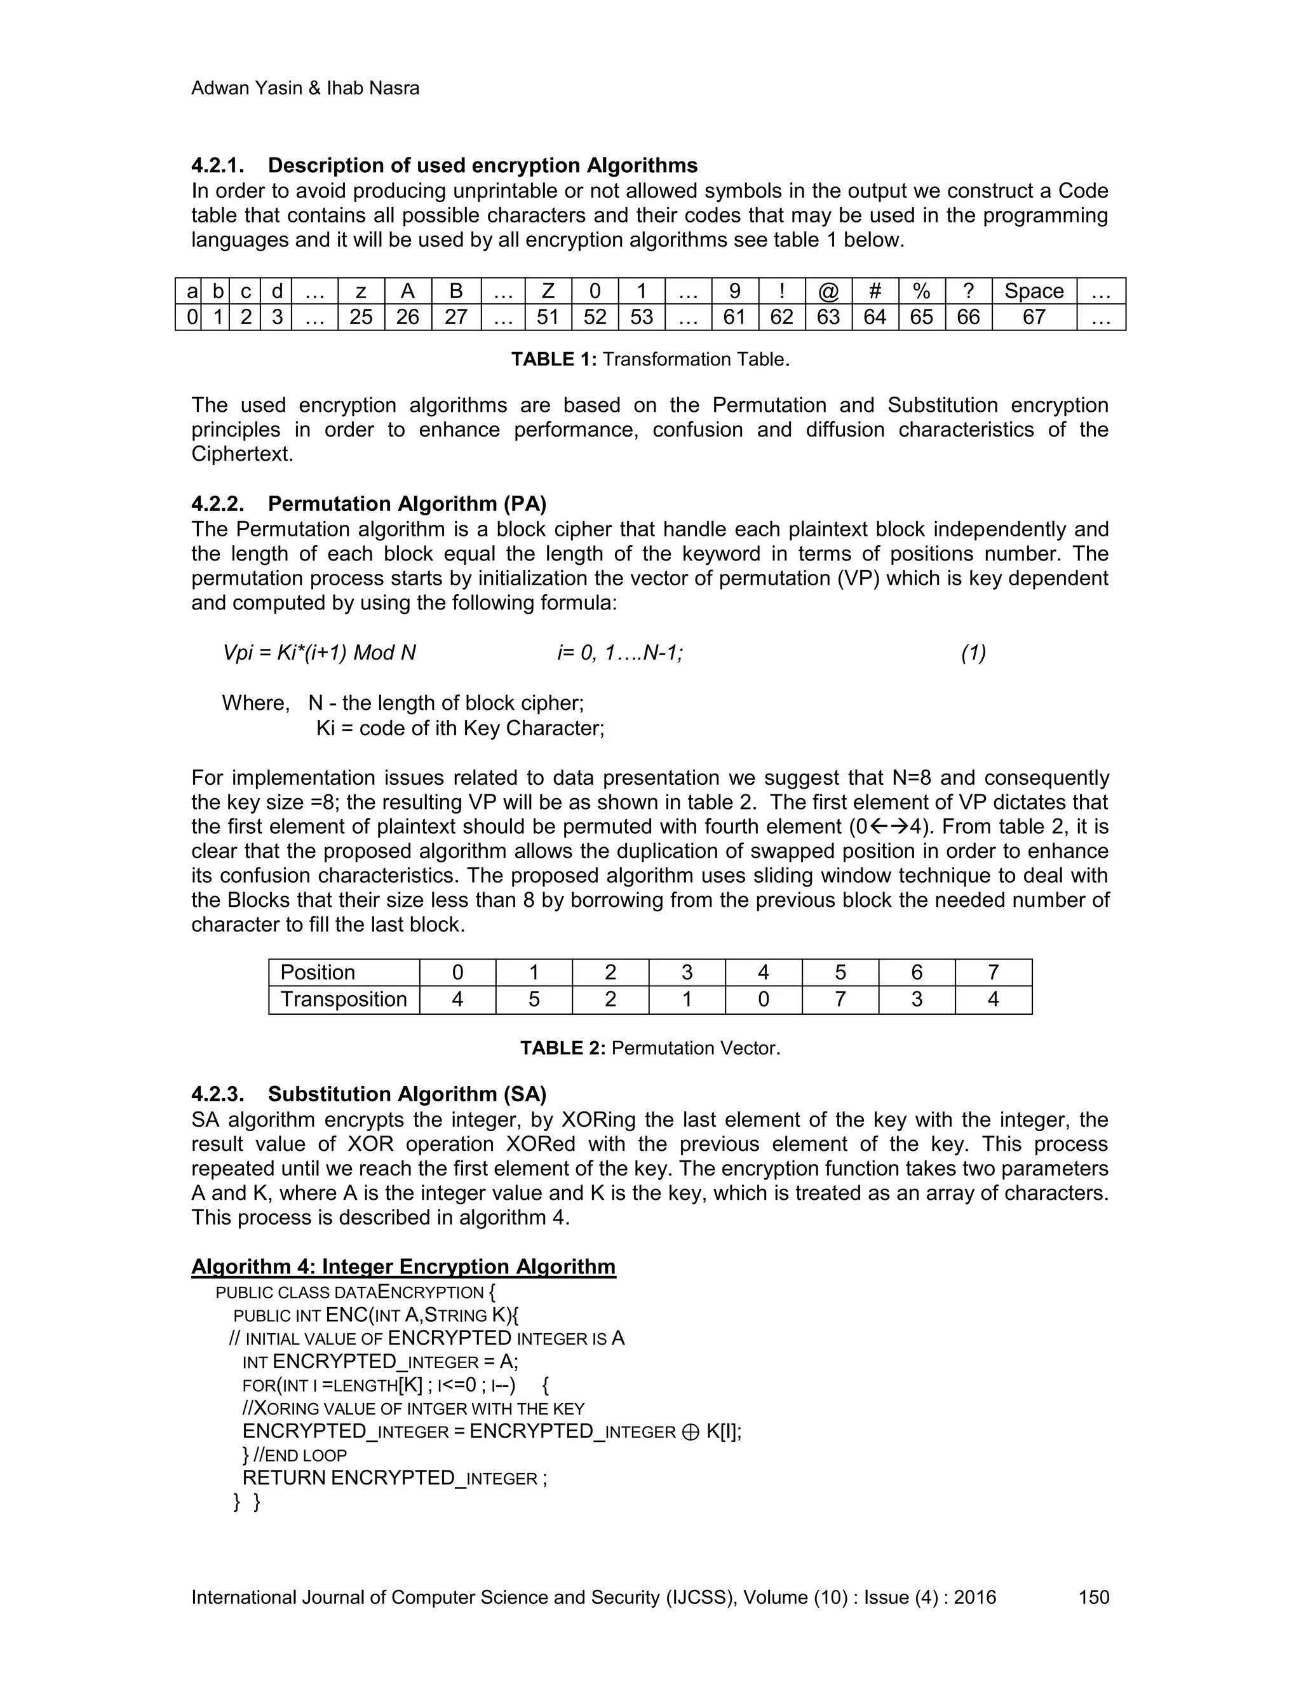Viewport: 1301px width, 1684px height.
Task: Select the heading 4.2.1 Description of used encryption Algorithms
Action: click(444, 166)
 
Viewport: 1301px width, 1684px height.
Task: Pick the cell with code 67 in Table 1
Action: click(1034, 317)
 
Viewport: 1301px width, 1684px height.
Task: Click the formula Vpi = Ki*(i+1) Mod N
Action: click(319, 653)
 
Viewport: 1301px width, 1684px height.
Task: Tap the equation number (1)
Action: click(973, 653)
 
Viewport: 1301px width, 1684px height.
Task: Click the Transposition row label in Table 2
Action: click(343, 1000)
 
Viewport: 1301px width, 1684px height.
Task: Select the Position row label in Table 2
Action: click(318, 972)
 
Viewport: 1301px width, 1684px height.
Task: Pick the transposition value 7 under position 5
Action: click(839, 1000)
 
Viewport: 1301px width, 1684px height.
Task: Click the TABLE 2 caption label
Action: click(563, 1048)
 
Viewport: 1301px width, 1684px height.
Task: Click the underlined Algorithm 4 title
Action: click(403, 1267)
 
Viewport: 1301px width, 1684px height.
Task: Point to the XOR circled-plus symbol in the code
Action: click(691, 1432)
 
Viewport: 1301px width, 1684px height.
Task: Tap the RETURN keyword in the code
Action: click(283, 1478)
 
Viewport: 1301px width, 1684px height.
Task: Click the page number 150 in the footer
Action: click(1093, 1597)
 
